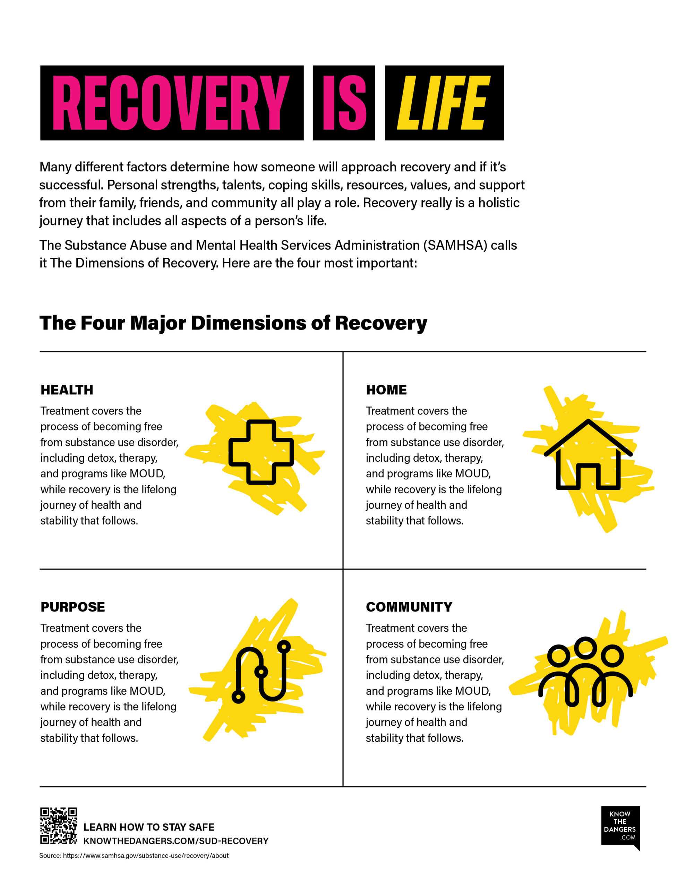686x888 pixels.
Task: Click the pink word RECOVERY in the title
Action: pos(171,103)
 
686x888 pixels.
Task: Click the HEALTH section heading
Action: pos(67,390)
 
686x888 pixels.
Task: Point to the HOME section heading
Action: pos(386,390)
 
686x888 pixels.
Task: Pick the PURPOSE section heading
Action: pos(73,607)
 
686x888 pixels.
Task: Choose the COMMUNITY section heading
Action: pos(409,607)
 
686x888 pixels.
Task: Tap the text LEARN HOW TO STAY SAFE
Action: pos(149,827)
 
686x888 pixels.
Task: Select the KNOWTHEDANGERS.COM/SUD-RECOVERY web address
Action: pos(176,841)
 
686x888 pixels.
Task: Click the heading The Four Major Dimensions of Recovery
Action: pos(233,323)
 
